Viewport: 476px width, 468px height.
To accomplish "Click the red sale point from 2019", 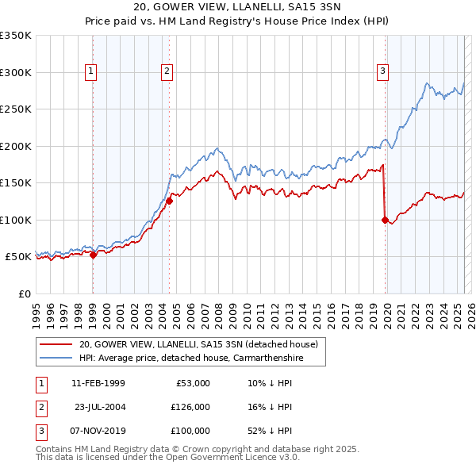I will [385, 220].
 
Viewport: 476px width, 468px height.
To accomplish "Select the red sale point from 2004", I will [169, 201].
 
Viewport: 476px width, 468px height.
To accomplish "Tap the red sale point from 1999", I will [93, 255].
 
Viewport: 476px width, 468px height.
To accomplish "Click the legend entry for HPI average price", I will [190, 358].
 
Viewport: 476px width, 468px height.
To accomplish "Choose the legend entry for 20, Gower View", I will [198, 344].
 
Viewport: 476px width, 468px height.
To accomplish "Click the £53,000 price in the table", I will [190, 383].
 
